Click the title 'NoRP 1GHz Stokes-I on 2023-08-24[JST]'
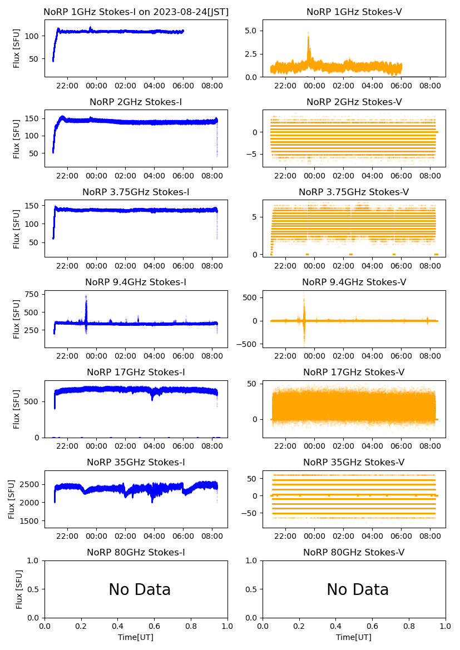136,12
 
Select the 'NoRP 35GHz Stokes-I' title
136,463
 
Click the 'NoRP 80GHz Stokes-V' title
354,553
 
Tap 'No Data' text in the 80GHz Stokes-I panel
139,589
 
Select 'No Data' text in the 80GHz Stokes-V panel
357,589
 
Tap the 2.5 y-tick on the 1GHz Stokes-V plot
251,54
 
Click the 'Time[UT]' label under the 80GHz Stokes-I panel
136,637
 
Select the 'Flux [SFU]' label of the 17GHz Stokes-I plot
17,409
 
